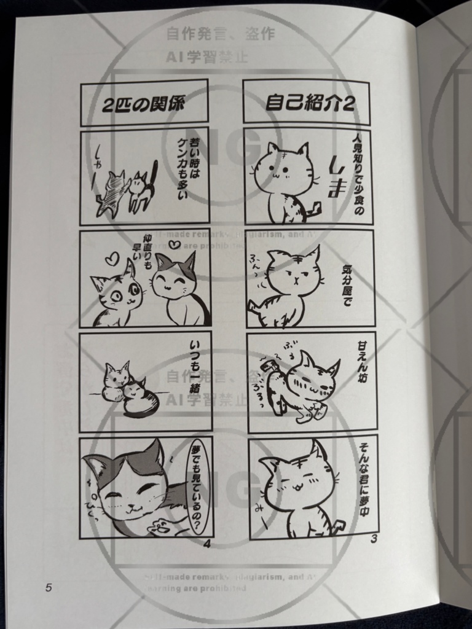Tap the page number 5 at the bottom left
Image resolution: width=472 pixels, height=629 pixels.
49,587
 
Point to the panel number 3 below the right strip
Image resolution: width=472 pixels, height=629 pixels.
373,539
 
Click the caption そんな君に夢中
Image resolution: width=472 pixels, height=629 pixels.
361,475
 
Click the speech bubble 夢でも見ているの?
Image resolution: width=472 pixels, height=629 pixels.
199,485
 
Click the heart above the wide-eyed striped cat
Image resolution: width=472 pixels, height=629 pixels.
111,259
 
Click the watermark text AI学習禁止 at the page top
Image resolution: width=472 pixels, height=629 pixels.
206,58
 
